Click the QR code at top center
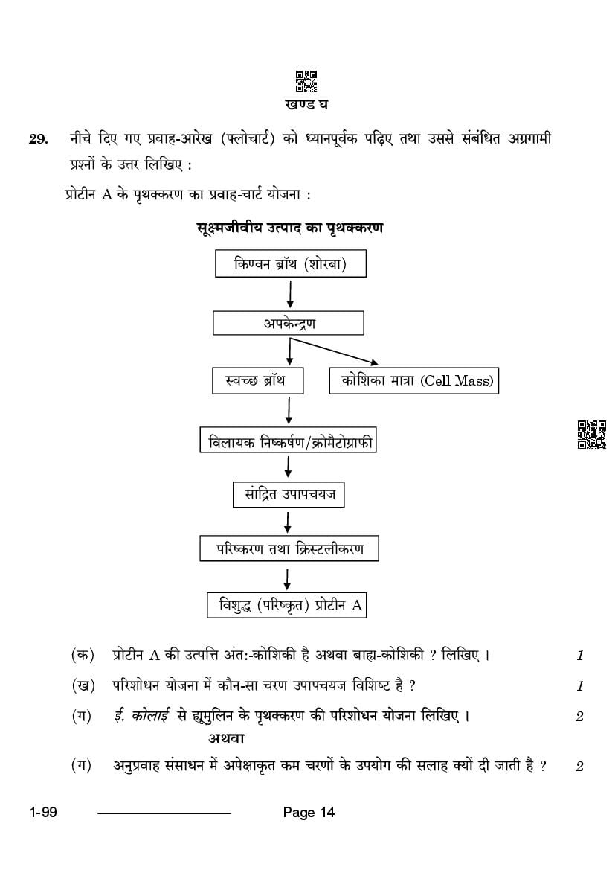[x=306, y=81]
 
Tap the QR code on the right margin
[x=592, y=435]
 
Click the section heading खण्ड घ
[x=306, y=103]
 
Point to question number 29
[x=38, y=139]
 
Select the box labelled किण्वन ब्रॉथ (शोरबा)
[x=291, y=263]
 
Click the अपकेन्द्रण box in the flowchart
[x=289, y=323]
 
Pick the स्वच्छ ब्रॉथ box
[x=258, y=380]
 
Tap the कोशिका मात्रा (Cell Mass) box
[x=413, y=380]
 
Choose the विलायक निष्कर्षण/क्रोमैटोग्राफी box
[x=288, y=442]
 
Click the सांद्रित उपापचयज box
[x=289, y=494]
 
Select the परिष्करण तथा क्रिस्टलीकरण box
[x=289, y=548]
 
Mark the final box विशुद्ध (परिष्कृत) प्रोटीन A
[x=287, y=605]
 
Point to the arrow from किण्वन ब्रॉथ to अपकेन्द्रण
[x=290, y=292]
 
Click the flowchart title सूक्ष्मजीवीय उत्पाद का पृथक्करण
[x=290, y=228]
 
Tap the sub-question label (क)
[x=83, y=655]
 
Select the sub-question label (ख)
[x=83, y=685]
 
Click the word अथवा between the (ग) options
[x=226, y=738]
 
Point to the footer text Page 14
[x=309, y=813]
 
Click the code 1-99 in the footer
[x=43, y=813]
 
